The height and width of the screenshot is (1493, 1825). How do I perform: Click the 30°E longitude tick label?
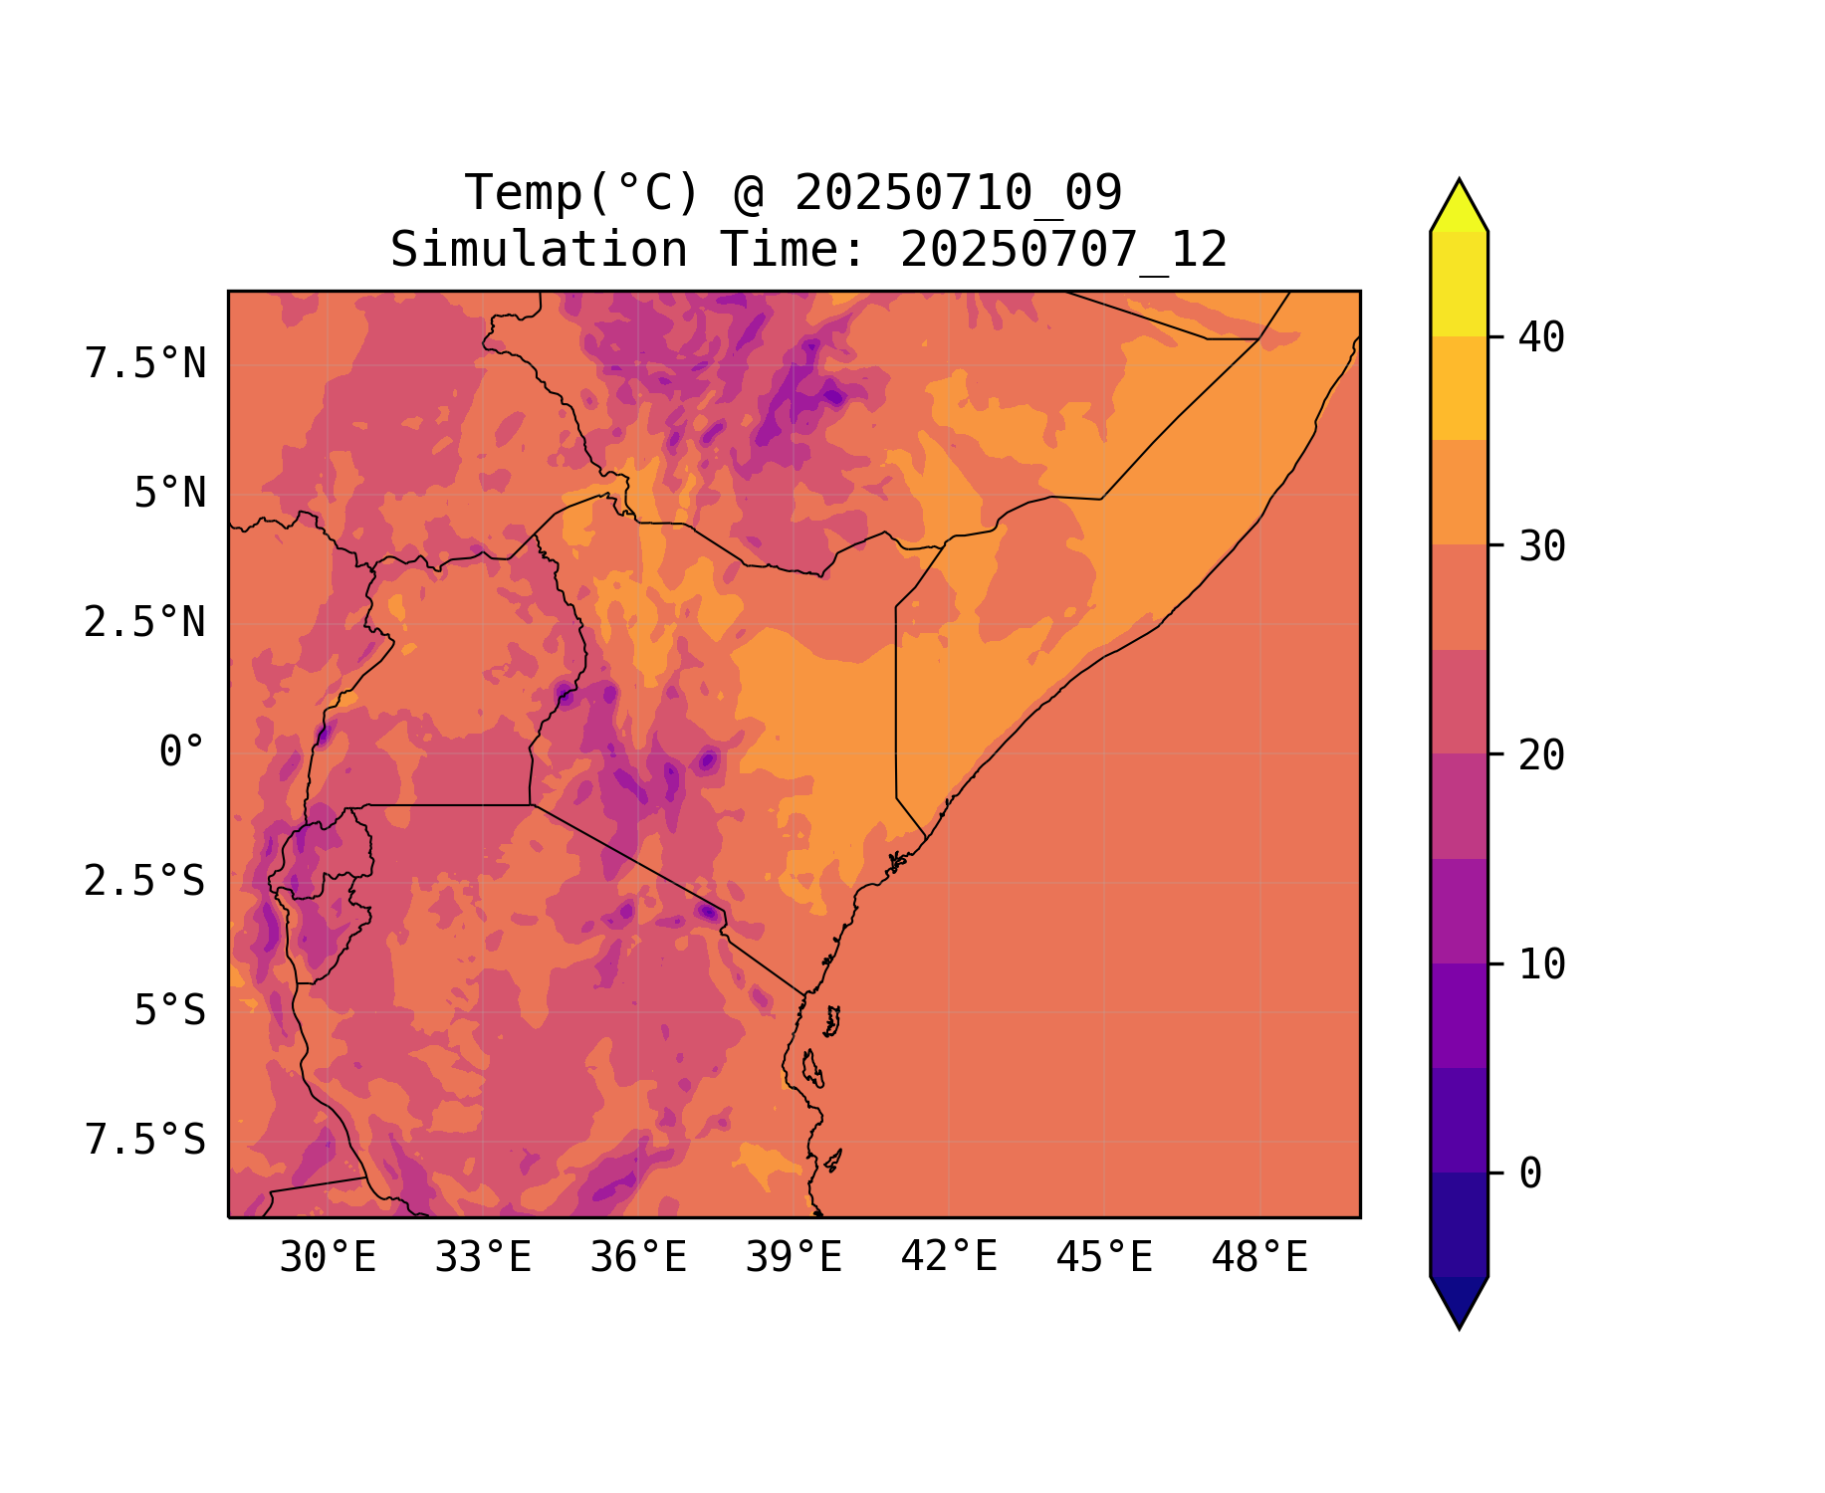[x=328, y=1258]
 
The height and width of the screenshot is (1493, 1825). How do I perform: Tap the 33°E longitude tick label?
[x=483, y=1258]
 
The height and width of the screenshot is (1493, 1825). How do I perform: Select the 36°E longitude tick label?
[x=638, y=1258]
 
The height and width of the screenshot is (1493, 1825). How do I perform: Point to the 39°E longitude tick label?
[x=794, y=1258]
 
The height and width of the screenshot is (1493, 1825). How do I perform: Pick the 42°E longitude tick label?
[x=949, y=1257]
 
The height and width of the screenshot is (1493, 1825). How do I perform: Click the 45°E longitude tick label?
[x=1104, y=1258]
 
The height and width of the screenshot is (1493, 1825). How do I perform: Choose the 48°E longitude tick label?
[x=1259, y=1258]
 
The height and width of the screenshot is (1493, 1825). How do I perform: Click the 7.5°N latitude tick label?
[x=145, y=364]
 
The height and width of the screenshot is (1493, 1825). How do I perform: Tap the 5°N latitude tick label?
[x=170, y=494]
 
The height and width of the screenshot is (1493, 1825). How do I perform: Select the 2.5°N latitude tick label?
[x=145, y=623]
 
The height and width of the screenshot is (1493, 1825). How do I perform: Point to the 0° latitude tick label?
[x=182, y=752]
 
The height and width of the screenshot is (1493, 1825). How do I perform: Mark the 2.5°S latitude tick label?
[x=145, y=882]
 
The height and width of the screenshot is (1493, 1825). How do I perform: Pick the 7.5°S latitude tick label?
[x=145, y=1141]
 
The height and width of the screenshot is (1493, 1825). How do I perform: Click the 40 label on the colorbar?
[x=1541, y=337]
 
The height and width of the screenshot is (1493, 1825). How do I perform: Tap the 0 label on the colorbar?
[x=1530, y=1173]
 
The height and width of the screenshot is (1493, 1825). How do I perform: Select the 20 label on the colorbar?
[x=1541, y=755]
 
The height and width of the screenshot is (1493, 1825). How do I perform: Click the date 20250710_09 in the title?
[x=959, y=193]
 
